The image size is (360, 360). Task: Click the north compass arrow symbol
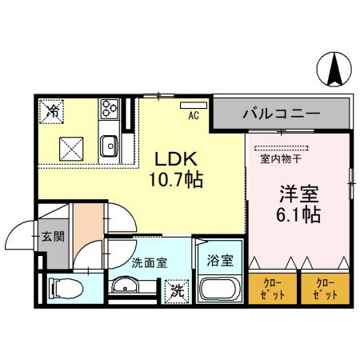[334, 70]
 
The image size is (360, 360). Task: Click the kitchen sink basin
[109, 146]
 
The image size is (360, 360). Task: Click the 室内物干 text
[282, 158]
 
